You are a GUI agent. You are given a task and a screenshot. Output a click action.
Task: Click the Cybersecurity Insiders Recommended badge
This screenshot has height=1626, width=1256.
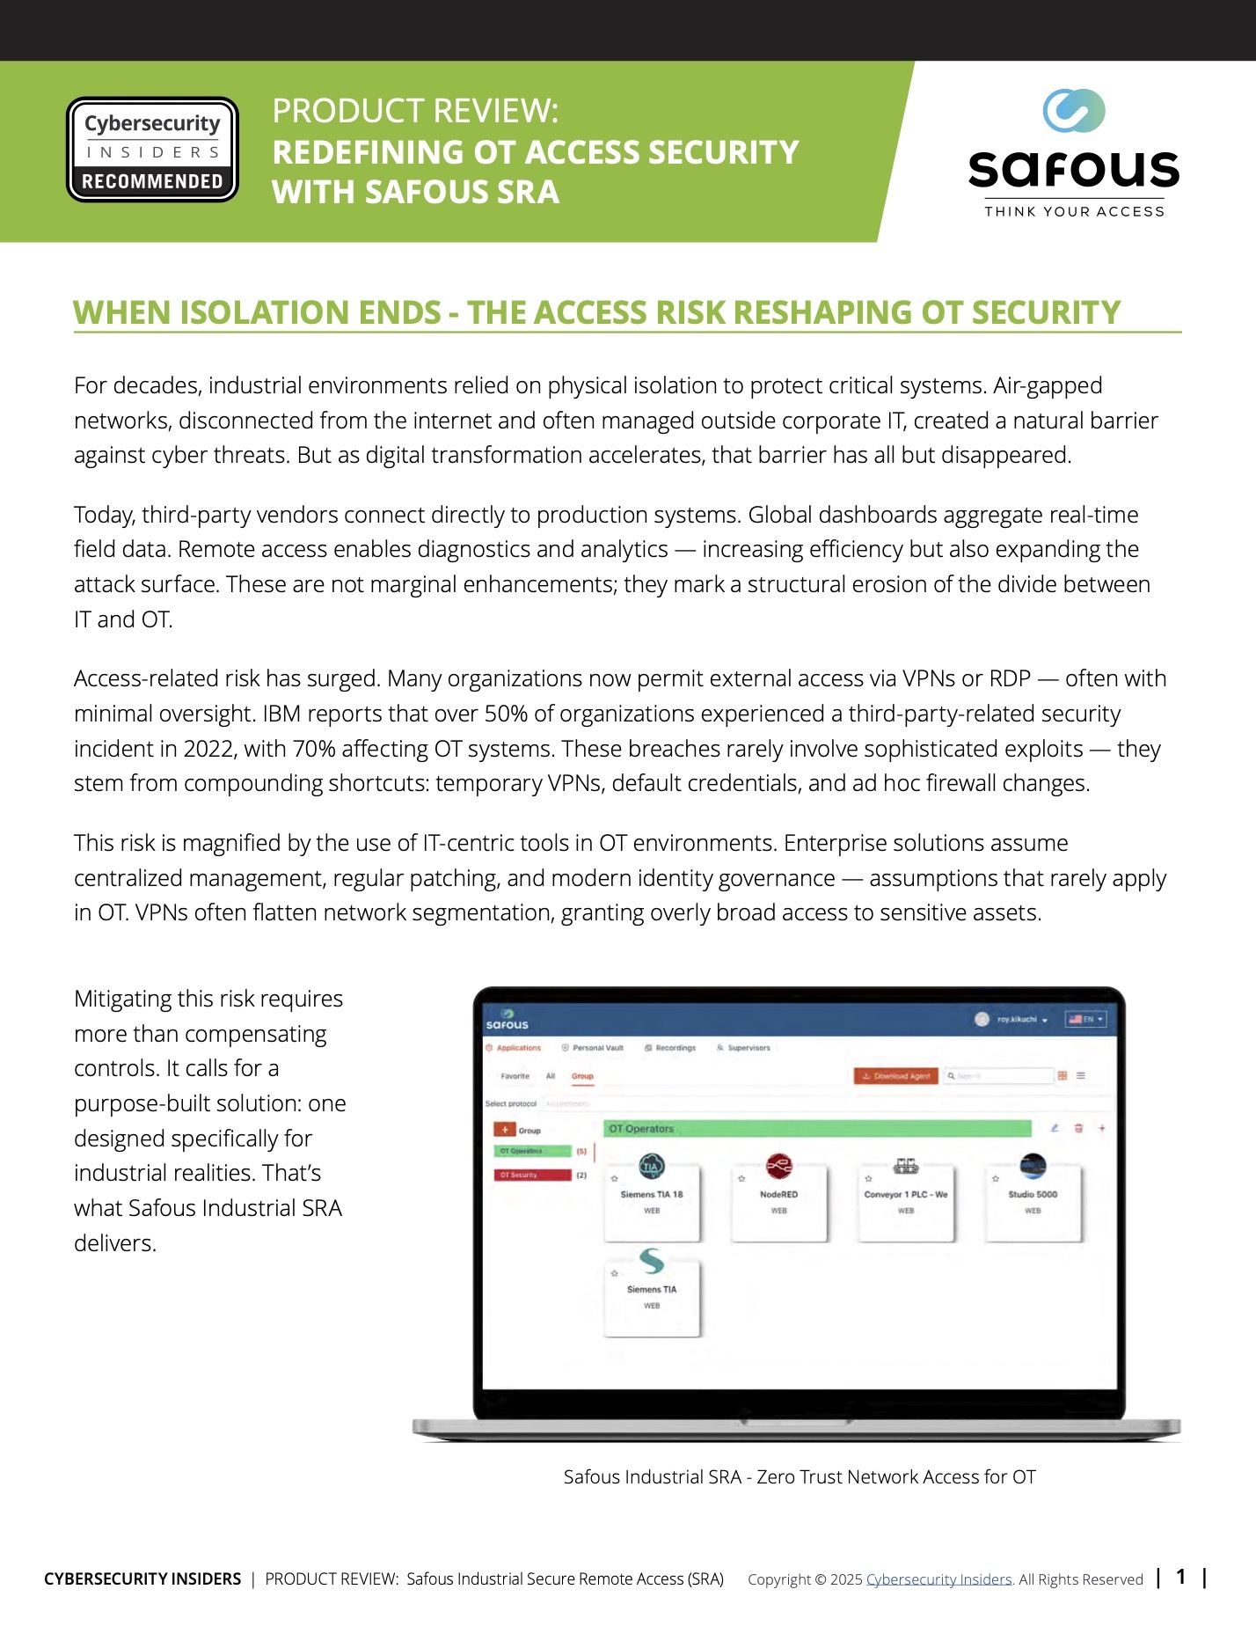click(x=152, y=150)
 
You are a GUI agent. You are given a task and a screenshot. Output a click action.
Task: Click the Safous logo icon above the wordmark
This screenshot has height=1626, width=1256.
click(x=1073, y=111)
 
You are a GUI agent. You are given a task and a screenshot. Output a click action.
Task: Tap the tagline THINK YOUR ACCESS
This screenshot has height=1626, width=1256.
click(x=1074, y=212)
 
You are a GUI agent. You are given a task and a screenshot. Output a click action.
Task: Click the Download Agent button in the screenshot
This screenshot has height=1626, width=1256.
click(x=895, y=1076)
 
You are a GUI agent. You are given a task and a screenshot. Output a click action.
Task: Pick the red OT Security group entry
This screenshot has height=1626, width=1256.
click(x=532, y=1176)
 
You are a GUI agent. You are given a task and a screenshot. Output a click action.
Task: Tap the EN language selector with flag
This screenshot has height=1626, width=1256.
click(x=1085, y=1020)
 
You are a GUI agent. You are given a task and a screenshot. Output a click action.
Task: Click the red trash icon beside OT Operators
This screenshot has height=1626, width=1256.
click(x=1078, y=1129)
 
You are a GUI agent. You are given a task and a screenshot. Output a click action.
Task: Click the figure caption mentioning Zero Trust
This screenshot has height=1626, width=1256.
click(x=800, y=1477)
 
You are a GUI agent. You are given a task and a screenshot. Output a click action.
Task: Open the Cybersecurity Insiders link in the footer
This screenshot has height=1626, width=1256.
click(x=938, y=1579)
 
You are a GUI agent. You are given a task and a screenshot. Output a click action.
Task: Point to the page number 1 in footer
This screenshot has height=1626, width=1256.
click(x=1181, y=1577)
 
